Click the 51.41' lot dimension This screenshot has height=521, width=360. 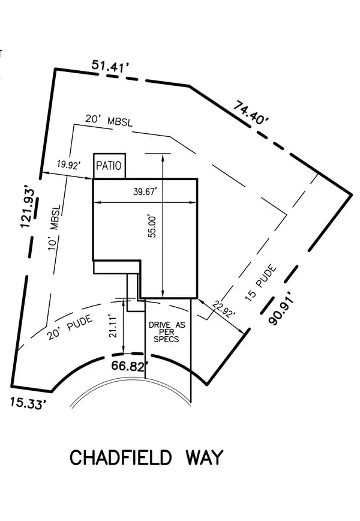(112, 67)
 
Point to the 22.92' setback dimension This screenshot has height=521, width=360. (223, 310)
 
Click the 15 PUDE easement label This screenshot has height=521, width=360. (262, 285)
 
